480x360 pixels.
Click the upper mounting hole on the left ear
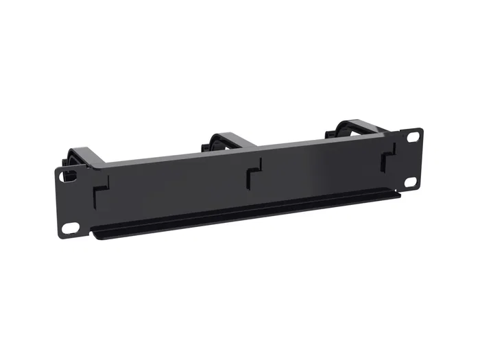click(x=69, y=176)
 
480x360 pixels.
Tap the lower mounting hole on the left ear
click(x=70, y=227)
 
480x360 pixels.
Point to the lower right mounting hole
click(x=410, y=182)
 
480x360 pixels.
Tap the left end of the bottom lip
click(x=96, y=236)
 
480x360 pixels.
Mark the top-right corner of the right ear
click(x=420, y=128)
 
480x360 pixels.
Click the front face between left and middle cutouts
click(x=178, y=192)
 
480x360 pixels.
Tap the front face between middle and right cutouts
click(x=322, y=171)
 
